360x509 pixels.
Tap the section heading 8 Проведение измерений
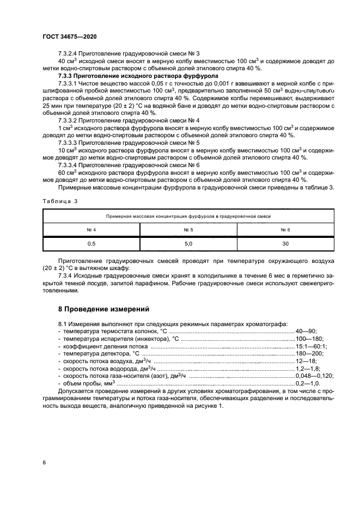(103, 309)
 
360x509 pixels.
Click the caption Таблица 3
(59, 201)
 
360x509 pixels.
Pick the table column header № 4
(91, 230)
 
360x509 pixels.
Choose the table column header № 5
(188, 230)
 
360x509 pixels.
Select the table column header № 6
(285, 230)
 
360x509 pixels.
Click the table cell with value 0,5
(91, 244)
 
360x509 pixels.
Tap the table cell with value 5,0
(188, 244)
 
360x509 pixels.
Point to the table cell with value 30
(285, 244)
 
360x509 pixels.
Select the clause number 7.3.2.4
(68, 53)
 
